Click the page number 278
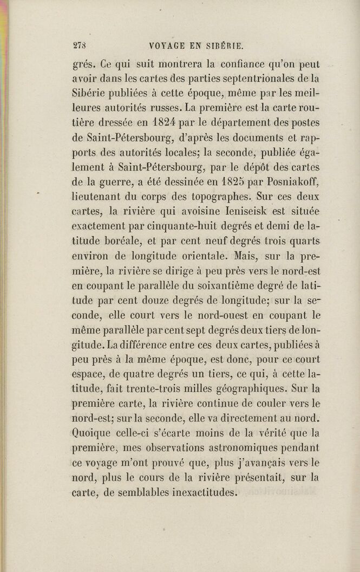[x=80, y=46]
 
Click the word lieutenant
[x=97, y=197]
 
